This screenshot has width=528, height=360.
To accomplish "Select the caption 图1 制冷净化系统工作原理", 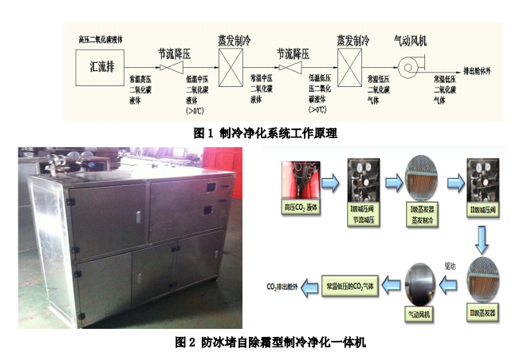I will click(261, 133).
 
